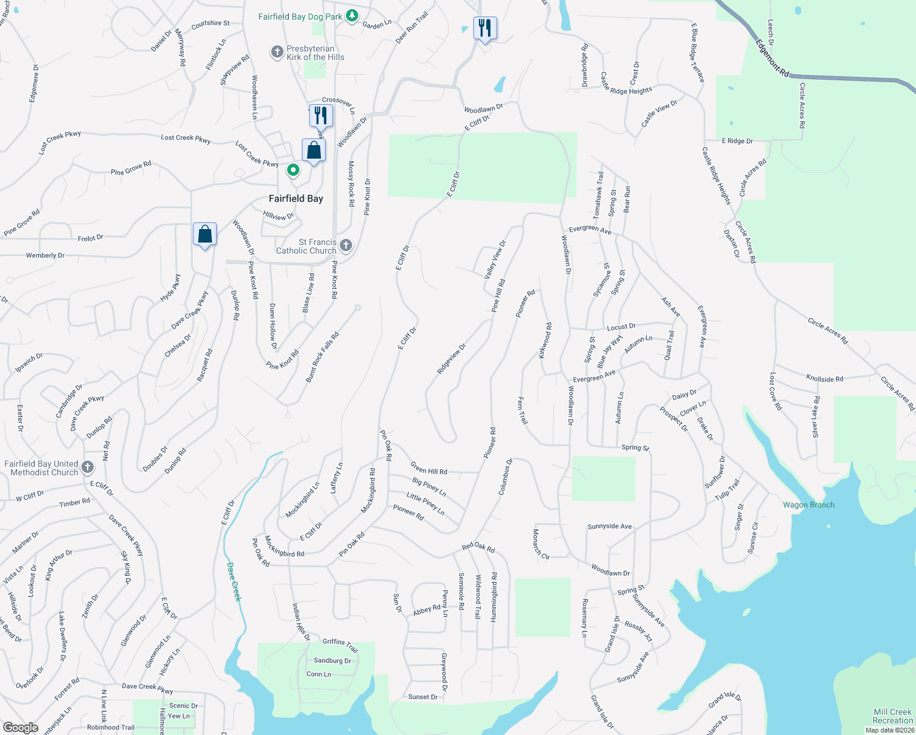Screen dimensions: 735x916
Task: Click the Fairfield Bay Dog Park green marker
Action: [x=352, y=16]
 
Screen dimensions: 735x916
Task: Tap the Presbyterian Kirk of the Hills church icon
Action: [x=277, y=52]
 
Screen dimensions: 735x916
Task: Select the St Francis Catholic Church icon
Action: [x=346, y=246]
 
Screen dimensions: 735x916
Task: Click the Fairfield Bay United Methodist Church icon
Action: [x=88, y=468]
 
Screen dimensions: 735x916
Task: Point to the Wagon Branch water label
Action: [x=808, y=505]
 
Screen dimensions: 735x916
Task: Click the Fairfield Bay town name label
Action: [x=296, y=198]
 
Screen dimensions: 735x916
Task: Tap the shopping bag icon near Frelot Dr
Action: [x=205, y=234]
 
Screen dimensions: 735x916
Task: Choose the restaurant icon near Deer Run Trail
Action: [x=484, y=28]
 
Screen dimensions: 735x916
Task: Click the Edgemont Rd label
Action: [x=771, y=58]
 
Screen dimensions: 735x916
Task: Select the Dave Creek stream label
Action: [x=234, y=581]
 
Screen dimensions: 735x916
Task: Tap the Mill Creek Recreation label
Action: [x=892, y=716]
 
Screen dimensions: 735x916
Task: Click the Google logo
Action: [x=20, y=727]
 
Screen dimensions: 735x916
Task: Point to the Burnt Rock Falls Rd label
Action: [x=322, y=358]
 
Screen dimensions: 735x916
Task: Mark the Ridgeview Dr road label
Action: [x=452, y=358]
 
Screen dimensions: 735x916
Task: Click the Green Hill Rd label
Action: [x=429, y=468]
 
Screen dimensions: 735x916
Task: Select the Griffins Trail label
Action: [x=340, y=644]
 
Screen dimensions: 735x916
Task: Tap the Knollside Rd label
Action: [x=824, y=379]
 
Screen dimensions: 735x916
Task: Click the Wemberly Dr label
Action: [x=45, y=255]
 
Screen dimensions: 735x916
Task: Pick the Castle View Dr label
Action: [x=659, y=114]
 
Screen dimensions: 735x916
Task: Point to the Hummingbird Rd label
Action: [x=494, y=597]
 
